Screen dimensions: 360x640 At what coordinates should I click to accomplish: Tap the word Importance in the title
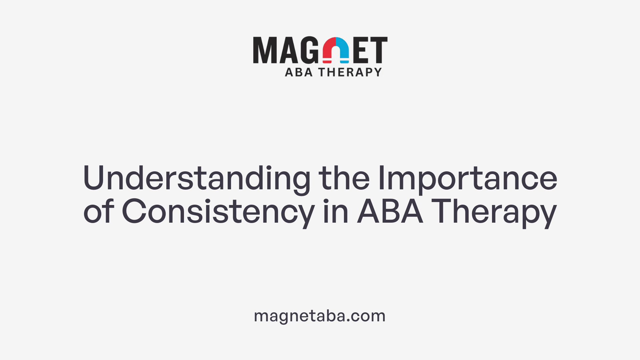[467, 178]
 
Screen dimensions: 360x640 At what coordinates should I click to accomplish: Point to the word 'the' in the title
[344, 178]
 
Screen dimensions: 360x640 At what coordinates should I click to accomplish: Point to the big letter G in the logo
[311, 50]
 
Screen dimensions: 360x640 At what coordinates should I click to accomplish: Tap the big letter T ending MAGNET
[379, 50]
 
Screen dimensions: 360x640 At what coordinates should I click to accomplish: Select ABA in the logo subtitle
[299, 72]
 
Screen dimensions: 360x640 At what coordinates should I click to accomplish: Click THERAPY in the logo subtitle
[350, 72]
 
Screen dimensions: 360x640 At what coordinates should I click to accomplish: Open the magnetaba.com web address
[320, 316]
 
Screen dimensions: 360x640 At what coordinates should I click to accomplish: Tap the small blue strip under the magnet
[344, 62]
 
